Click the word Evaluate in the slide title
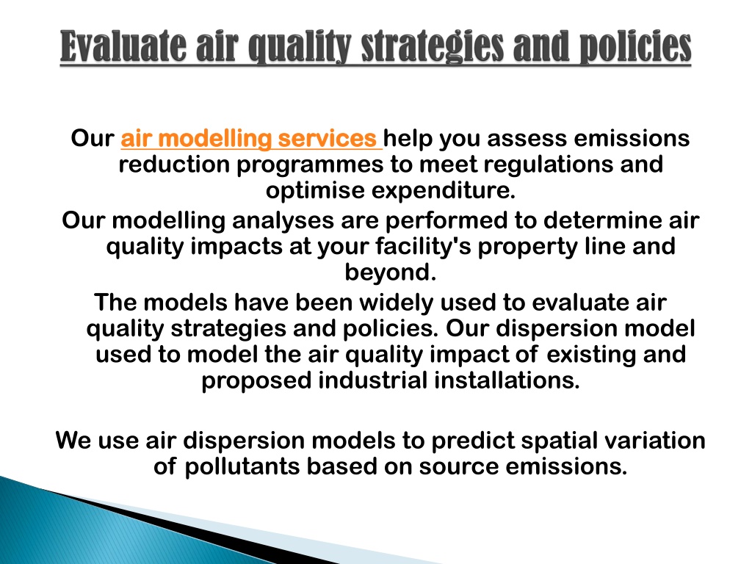point(123,46)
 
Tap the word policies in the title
point(635,48)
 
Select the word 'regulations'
point(548,165)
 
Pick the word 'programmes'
point(310,165)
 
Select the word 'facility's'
point(424,247)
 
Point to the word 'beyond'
point(386,272)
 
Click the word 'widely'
point(396,303)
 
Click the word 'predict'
point(473,441)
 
